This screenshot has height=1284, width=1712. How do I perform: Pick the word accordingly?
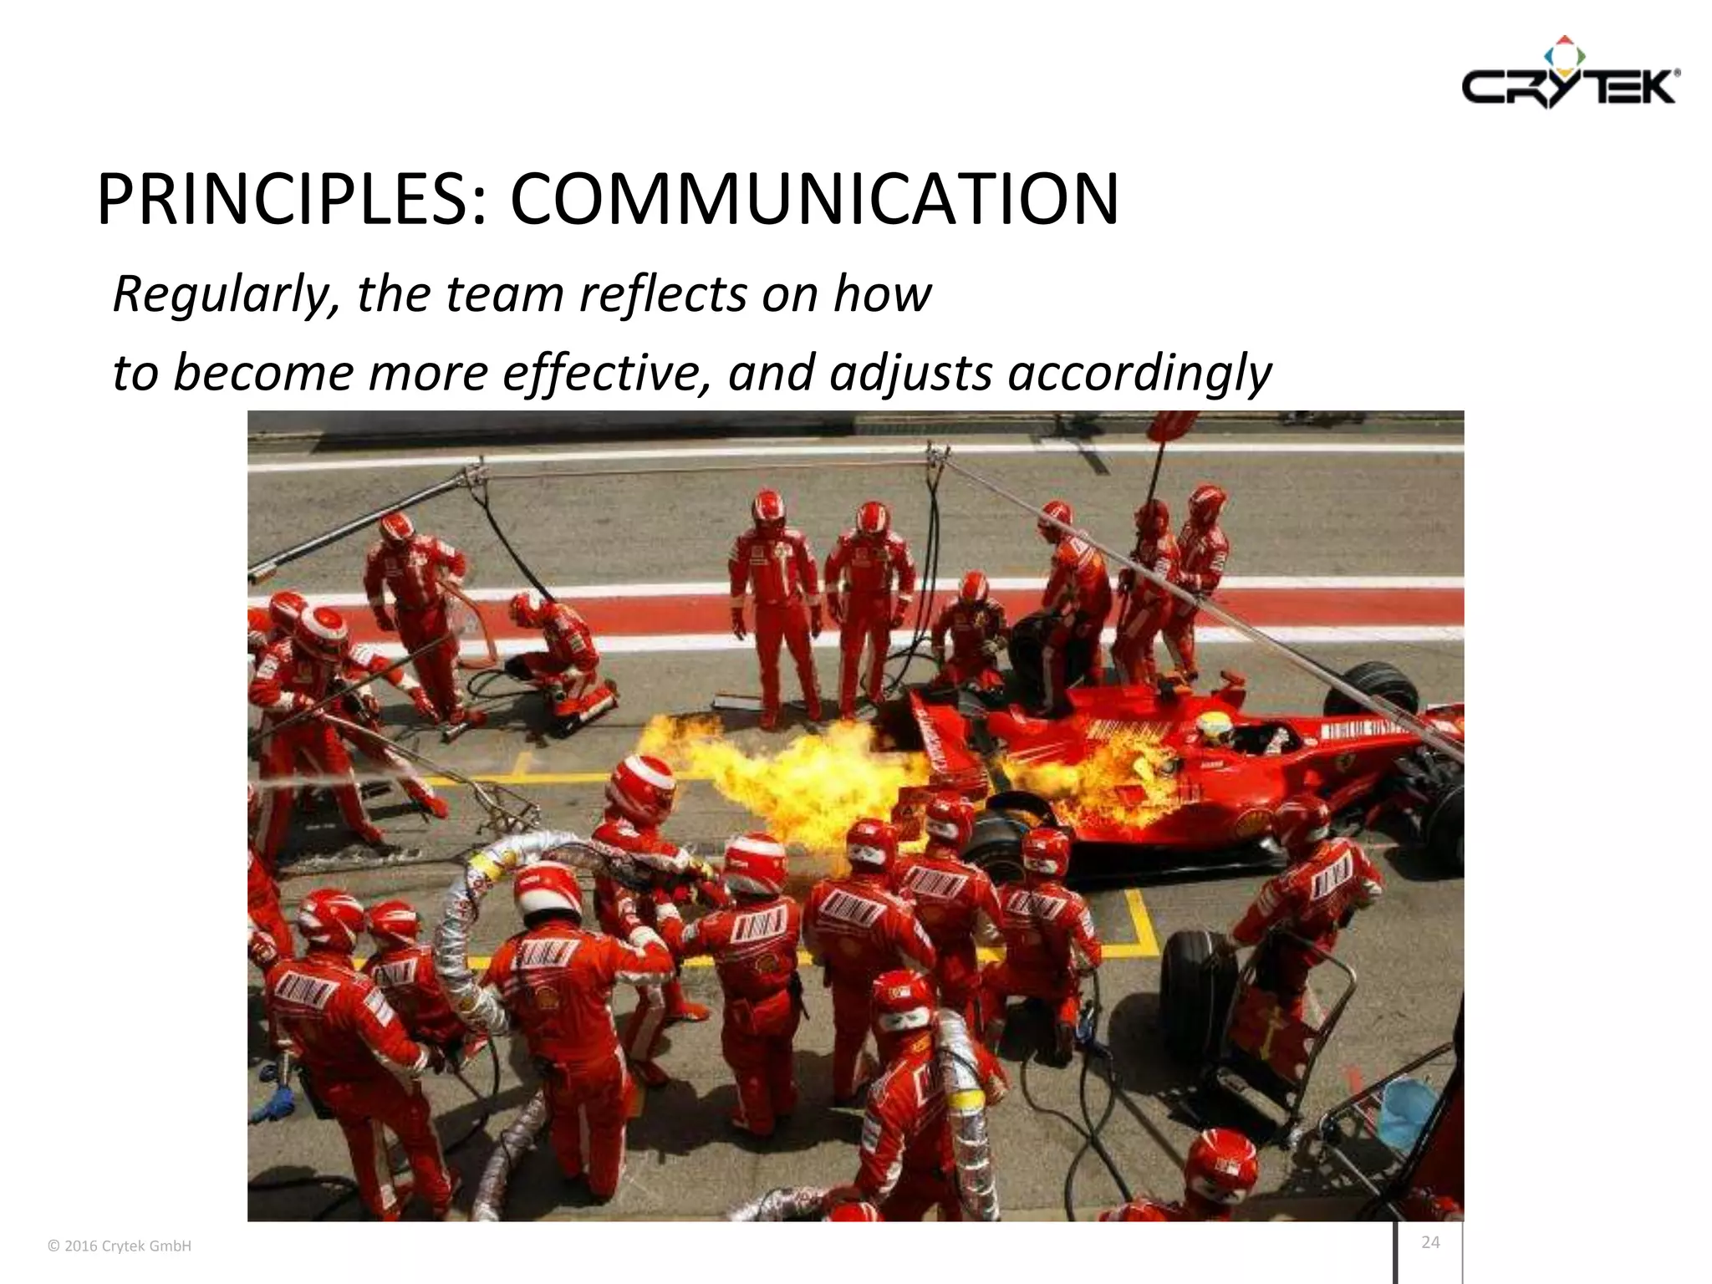coord(1139,373)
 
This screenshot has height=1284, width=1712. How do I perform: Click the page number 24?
coord(1430,1242)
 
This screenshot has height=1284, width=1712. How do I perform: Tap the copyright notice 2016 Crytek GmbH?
coord(120,1246)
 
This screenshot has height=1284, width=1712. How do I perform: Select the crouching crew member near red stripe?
coord(556,660)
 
